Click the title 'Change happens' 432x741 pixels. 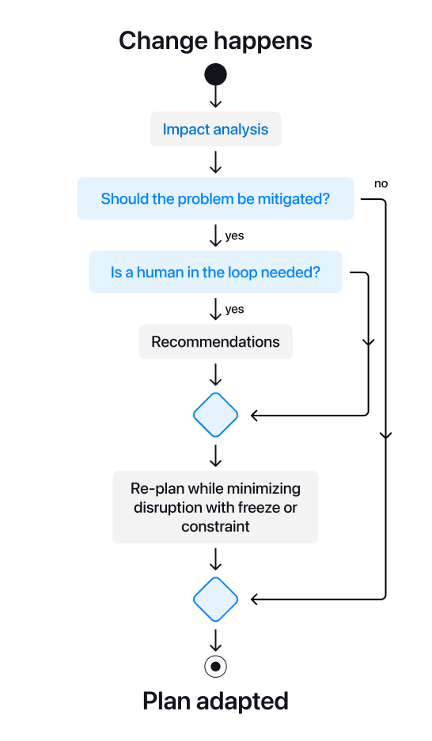tap(215, 40)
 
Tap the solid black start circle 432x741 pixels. tap(215, 75)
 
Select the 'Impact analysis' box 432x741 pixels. tap(215, 130)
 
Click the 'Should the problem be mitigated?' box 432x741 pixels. tap(215, 198)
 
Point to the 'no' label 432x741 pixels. tap(381, 183)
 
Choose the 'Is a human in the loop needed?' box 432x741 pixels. tap(215, 273)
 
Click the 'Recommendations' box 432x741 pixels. tap(215, 342)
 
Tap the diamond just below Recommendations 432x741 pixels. tap(215, 415)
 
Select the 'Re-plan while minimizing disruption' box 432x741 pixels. tap(215, 507)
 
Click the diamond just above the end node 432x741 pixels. tap(215, 600)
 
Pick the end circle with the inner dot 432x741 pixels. tap(215, 666)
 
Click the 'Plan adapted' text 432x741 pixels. tap(215, 701)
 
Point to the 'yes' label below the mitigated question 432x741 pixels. tap(235, 235)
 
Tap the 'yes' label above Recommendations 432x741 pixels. tap(235, 309)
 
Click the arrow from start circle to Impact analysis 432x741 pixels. tap(215, 97)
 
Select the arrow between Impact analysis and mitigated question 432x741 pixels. tap(215, 162)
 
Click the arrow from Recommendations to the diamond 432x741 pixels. tap(215, 374)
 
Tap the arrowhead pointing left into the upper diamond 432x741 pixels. tap(256, 415)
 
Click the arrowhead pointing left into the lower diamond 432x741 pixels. tap(256, 600)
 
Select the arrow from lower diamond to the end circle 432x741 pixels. tap(215, 638)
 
